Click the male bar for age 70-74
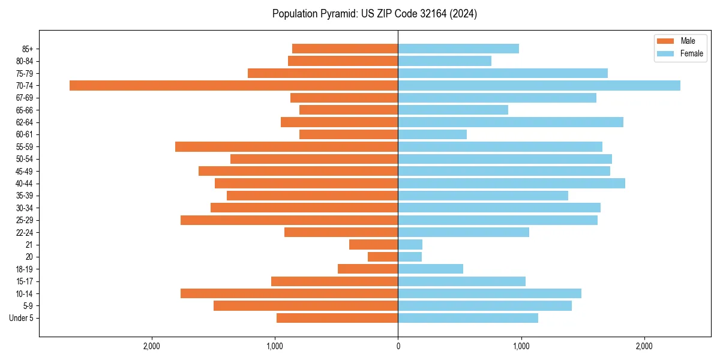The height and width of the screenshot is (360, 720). pos(233,85)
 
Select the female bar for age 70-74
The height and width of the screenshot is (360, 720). pos(539,85)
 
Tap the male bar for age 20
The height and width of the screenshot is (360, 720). pos(383,257)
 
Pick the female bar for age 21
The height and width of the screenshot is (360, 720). pos(410,244)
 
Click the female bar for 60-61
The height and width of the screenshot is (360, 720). pos(432,134)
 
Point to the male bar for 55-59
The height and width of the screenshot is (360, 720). pos(286,146)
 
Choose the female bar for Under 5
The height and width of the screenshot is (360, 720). pos(468,318)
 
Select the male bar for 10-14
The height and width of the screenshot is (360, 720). pos(289,293)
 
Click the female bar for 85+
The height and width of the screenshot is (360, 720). pos(458,49)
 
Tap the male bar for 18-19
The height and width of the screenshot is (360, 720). pos(368,269)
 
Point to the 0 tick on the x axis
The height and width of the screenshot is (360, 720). pos(398,346)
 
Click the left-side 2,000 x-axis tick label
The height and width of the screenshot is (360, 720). pos(151,346)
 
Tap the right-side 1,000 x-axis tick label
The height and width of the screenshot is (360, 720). pos(521,346)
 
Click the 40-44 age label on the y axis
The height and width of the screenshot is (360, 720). pos(25,184)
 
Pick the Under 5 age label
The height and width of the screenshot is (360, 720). pos(21,318)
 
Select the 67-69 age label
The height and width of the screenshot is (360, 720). pos(25,98)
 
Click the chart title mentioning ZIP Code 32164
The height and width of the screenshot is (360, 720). pos(374,14)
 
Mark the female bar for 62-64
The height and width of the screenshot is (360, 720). pos(511,122)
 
